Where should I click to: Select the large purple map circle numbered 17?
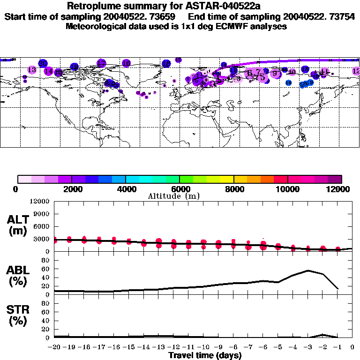click(101, 63)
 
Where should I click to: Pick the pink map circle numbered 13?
click(32, 70)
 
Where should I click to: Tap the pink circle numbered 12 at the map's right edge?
click(356, 71)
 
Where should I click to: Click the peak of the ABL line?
click(308, 270)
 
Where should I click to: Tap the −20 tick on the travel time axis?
click(54, 347)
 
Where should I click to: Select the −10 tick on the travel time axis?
click(203, 347)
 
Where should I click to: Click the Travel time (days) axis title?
click(205, 355)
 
